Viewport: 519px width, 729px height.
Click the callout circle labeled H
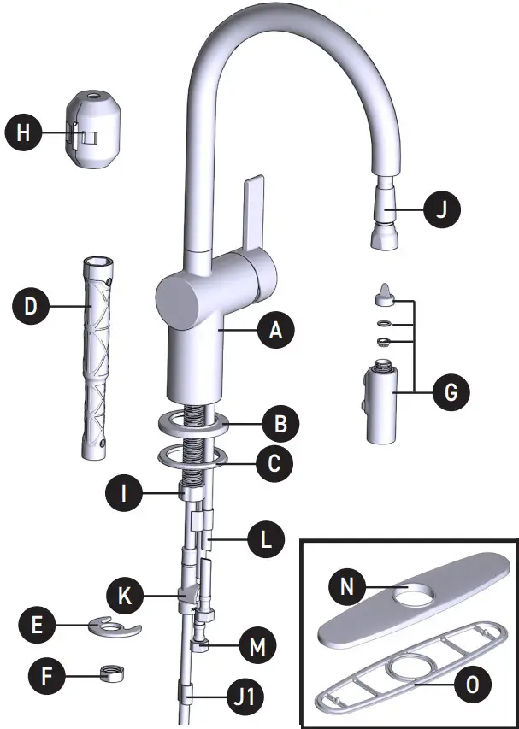pos(23,132)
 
